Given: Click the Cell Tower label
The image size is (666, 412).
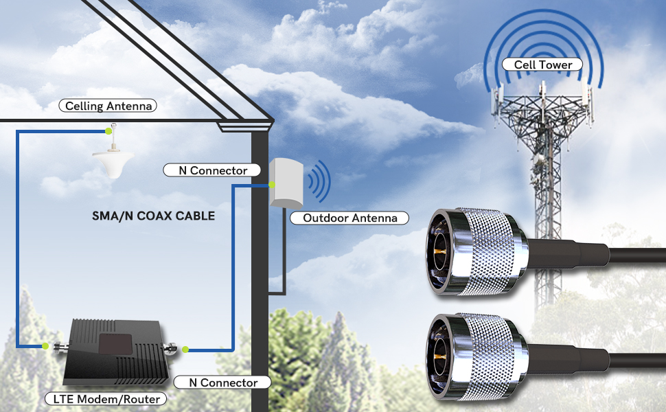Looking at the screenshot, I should click(542, 65).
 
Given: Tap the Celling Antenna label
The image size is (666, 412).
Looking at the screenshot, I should click(108, 106).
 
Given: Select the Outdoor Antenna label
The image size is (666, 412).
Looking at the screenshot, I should click(350, 218).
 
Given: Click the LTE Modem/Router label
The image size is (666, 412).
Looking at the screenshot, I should click(106, 399).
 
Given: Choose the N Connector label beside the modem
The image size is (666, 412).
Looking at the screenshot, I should click(222, 382).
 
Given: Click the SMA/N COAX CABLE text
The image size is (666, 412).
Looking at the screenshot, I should click(153, 216).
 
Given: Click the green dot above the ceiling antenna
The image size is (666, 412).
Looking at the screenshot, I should click(108, 130).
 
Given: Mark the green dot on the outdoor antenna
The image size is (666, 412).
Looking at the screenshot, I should click(273, 185).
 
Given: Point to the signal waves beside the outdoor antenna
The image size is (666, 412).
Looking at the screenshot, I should click(318, 182).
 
